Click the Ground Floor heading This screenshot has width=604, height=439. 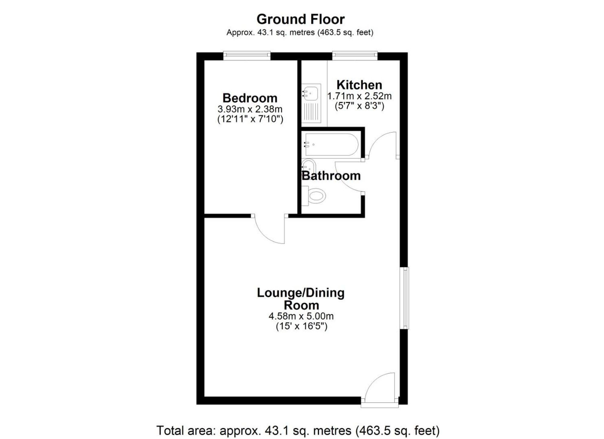300,20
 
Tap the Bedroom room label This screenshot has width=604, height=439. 250,98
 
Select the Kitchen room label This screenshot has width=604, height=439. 359,85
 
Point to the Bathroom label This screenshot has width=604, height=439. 331,176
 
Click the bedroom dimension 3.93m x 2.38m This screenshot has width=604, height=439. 250,109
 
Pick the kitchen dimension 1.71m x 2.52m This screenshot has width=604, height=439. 359,96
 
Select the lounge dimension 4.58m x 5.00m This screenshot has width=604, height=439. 301,316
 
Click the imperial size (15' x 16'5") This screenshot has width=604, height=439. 301,326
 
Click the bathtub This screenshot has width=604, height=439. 331,145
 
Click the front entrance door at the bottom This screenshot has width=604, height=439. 380,389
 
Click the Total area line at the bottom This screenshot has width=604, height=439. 298,430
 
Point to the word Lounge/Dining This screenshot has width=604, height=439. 300,293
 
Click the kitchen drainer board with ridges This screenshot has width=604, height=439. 310,112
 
